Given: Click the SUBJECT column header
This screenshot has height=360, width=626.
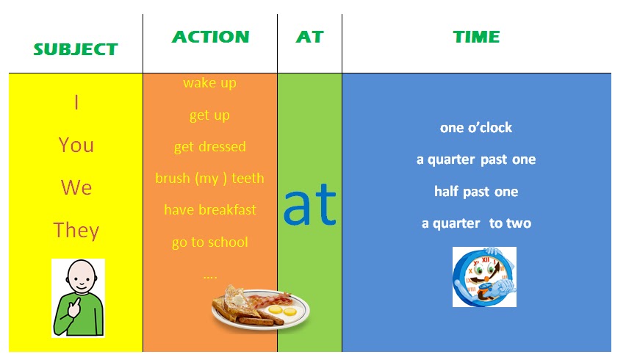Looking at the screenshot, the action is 76,49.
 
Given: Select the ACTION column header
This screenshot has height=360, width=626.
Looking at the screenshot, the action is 210,37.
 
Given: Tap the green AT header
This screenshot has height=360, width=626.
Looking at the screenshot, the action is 309,37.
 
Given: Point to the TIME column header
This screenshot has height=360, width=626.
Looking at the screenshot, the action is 476,37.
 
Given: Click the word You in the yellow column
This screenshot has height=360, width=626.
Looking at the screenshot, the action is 76,145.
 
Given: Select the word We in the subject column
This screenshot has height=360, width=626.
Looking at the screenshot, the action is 76,187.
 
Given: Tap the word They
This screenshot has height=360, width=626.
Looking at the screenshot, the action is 76,231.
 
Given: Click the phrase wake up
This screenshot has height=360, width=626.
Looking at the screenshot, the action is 209,83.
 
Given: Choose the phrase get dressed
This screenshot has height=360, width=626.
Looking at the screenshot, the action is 210,147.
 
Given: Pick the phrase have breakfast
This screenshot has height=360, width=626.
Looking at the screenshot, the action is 210,209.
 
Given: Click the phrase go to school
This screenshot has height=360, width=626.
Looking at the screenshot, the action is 210,242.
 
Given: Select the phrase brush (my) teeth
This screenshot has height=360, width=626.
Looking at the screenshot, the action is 209,178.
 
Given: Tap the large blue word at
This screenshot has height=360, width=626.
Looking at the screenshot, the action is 309,204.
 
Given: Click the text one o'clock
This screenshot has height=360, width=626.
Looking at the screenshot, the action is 476,128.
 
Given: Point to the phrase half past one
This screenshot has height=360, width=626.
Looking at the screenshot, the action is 476,192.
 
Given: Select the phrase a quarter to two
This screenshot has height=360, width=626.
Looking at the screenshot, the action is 476,223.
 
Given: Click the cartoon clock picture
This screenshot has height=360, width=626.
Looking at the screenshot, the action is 484,277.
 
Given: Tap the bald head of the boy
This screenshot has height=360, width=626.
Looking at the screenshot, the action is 82,276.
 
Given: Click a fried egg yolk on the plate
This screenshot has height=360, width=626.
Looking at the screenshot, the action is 276,310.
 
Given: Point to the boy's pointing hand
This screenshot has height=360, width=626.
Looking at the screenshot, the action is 74,306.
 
